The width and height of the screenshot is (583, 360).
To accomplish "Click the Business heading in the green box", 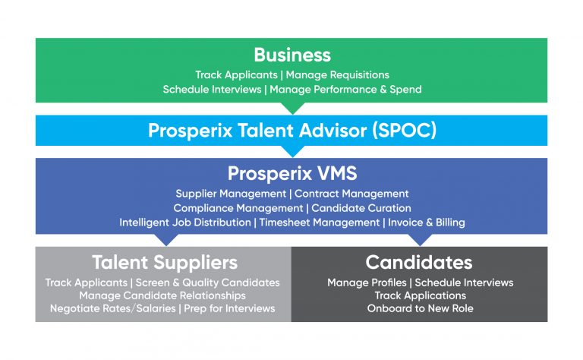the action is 292,55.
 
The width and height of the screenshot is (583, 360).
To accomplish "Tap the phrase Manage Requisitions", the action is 338,75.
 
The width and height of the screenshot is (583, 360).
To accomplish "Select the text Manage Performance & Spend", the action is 346,90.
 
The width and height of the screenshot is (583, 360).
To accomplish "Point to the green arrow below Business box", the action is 292,108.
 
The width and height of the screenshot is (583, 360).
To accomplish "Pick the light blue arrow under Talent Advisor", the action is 292,151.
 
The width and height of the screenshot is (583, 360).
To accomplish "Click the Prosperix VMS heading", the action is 292,173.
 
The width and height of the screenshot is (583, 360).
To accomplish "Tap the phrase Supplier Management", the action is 231,194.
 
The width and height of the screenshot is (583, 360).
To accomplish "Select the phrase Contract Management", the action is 351,194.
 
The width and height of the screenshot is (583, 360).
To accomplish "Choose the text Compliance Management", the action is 238,208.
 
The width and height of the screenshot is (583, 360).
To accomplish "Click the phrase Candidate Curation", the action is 361,208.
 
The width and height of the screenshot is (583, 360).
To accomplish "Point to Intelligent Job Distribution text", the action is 185,223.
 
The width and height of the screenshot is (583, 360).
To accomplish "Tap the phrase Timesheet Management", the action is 320,223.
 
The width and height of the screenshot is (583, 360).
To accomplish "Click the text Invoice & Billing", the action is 427,223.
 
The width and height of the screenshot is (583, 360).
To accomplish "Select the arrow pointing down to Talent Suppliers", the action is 166,240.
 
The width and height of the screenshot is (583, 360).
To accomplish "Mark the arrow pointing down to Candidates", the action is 420,240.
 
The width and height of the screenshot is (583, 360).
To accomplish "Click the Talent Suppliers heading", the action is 165,263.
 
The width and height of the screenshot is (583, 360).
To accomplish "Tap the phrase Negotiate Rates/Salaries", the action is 112,308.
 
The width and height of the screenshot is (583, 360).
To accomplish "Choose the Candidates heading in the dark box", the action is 419,262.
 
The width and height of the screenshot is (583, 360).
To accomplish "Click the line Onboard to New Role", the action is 420,308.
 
